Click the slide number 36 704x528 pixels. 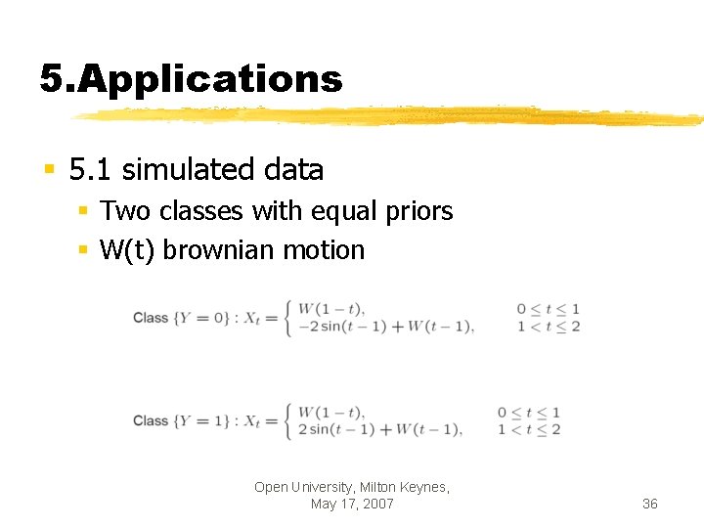pyautogui.click(x=650, y=504)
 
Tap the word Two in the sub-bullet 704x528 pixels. pyautogui.click(x=123, y=211)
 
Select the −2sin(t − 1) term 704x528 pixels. pyautogui.click(x=339, y=327)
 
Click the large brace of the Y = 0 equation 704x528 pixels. pyautogui.click(x=286, y=318)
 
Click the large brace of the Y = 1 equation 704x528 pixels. pyautogui.click(x=286, y=421)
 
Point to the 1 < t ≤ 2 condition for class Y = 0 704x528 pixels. pyautogui.click(x=549, y=327)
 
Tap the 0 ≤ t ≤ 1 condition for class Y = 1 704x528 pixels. pyautogui.click(x=529, y=413)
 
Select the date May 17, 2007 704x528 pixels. pyautogui.click(x=352, y=504)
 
